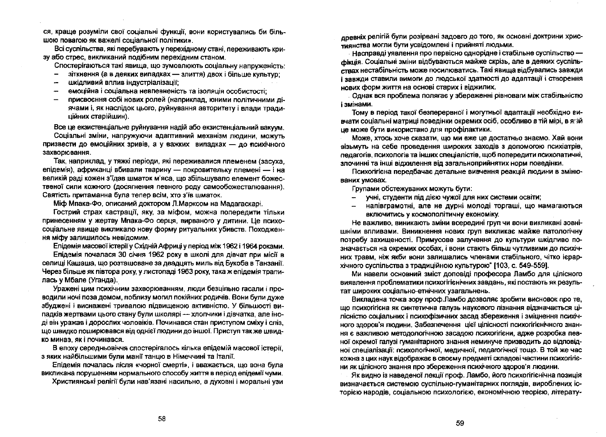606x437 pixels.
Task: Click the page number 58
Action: [161, 419]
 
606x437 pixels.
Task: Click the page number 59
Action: [460, 423]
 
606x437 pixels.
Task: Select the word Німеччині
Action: [194, 356]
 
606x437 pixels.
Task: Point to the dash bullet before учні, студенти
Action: [355, 197]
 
